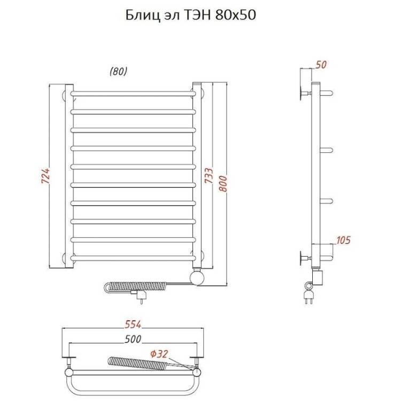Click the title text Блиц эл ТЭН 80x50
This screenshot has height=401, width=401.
click(x=190, y=16)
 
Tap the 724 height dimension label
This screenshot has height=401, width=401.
click(x=46, y=176)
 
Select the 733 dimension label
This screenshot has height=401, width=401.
click(x=209, y=175)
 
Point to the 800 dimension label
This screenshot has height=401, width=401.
click(x=223, y=183)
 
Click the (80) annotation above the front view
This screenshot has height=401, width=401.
click(x=118, y=72)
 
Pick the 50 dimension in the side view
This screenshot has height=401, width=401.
click(x=321, y=65)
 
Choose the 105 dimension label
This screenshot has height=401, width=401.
click(x=343, y=240)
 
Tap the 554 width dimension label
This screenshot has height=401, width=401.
click(x=133, y=325)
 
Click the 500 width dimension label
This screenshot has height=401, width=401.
click(x=133, y=339)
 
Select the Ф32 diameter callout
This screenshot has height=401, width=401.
click(x=159, y=354)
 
